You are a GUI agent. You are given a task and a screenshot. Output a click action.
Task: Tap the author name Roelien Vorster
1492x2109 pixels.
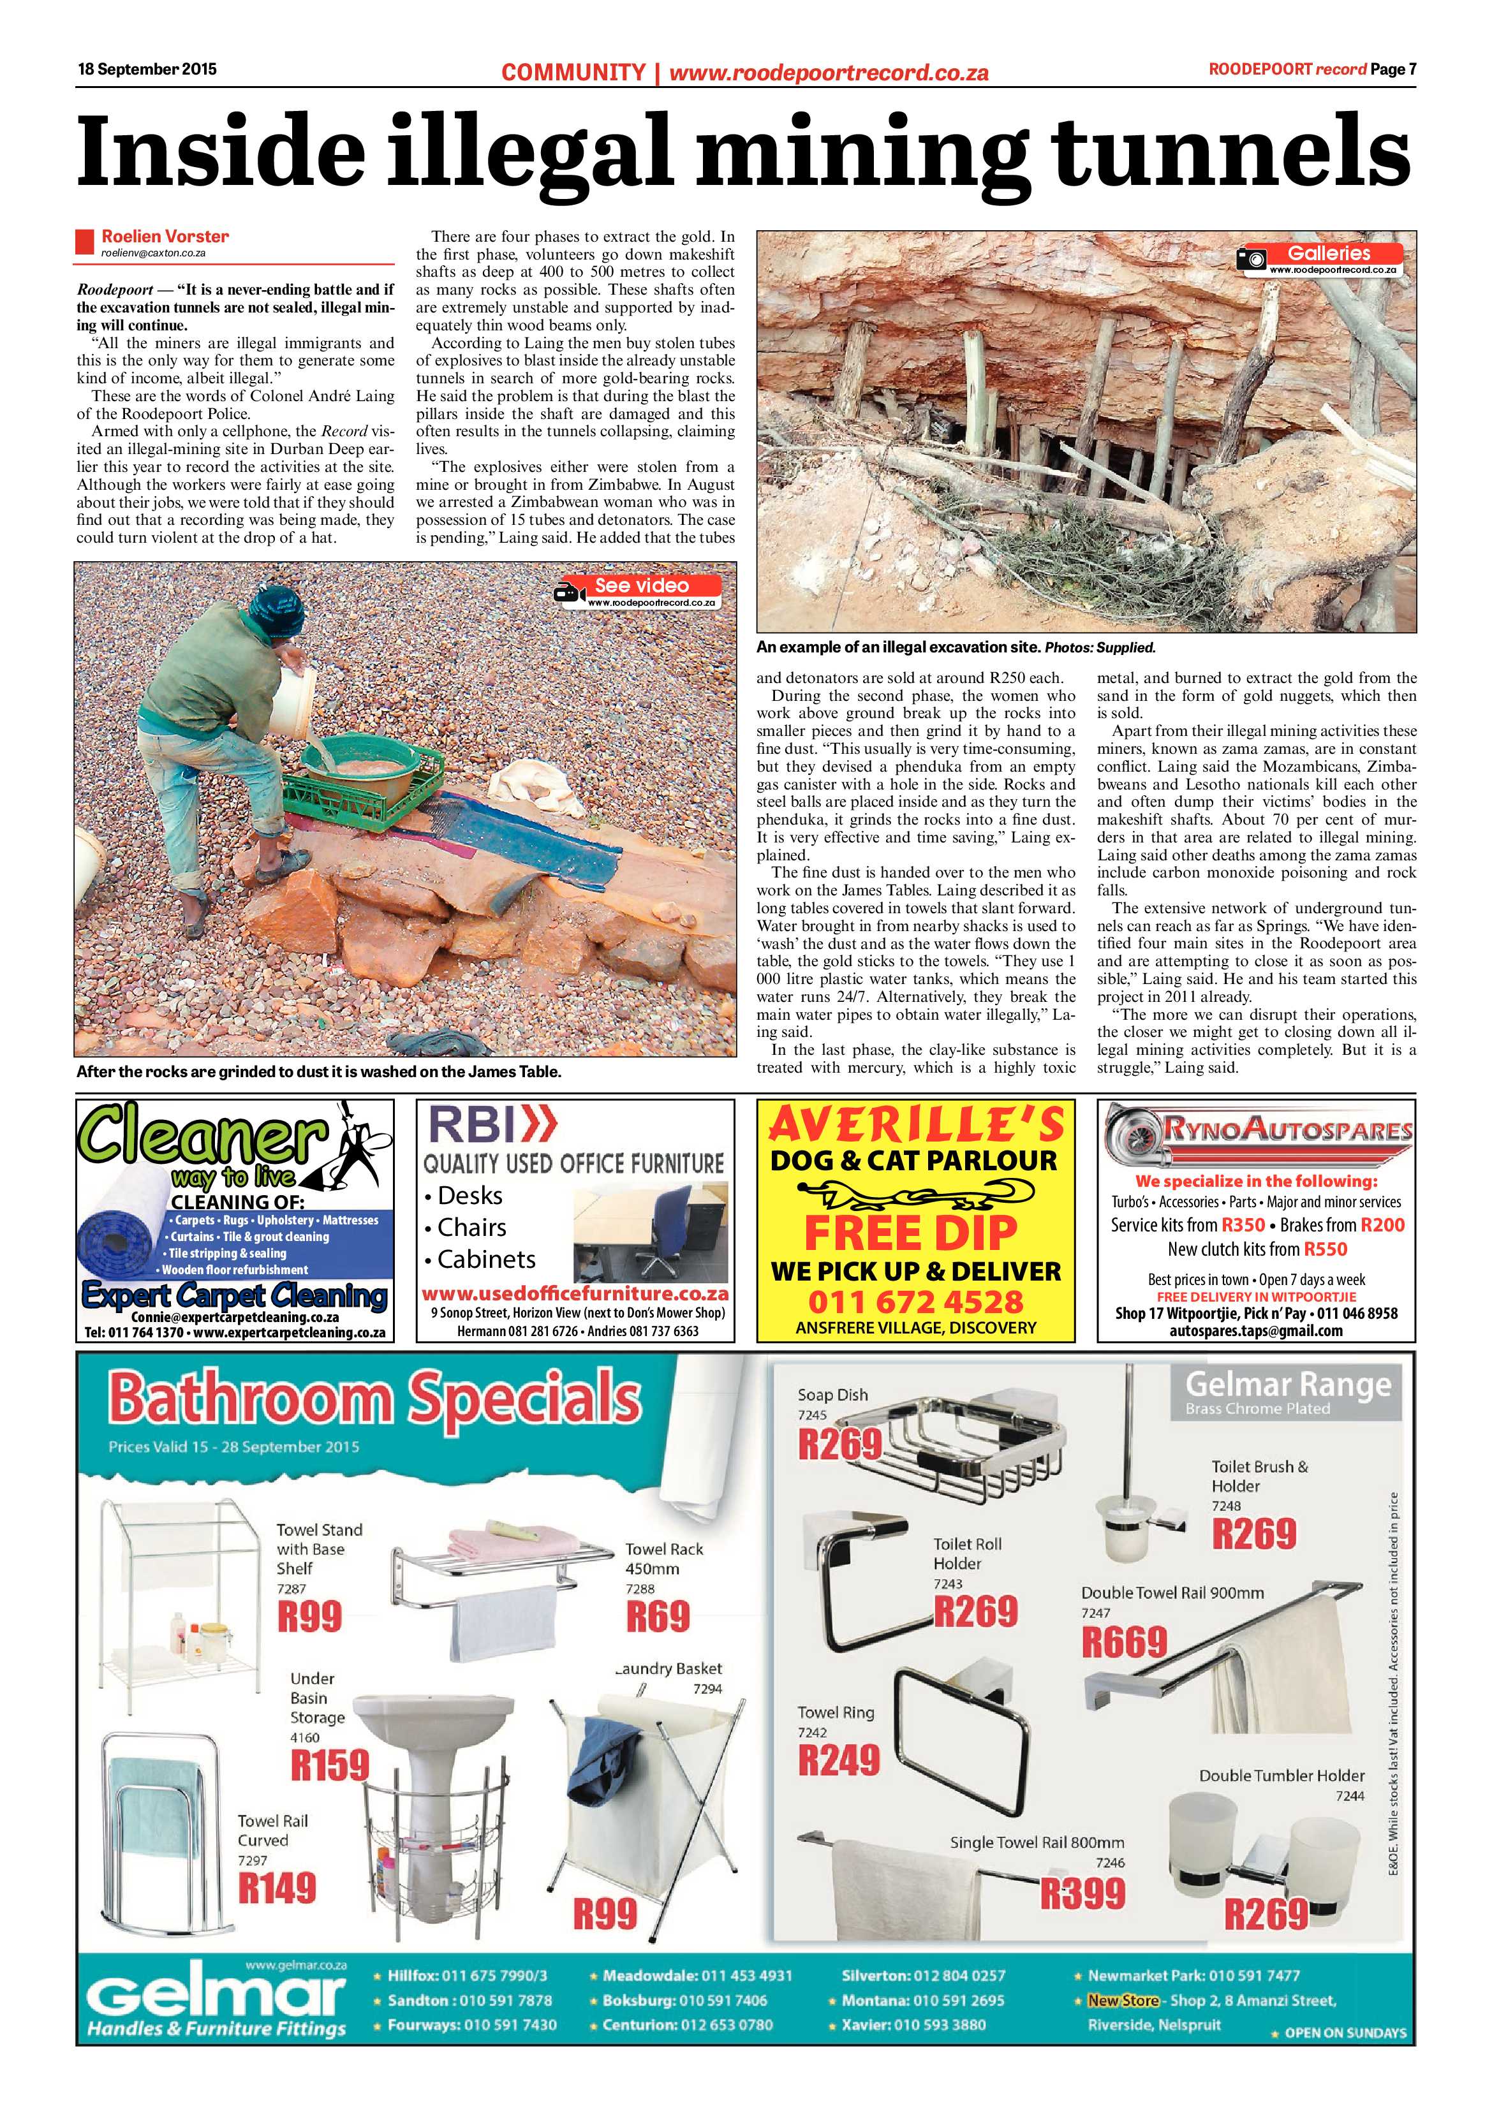click(165, 236)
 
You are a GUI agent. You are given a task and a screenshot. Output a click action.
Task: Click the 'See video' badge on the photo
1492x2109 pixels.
click(640, 585)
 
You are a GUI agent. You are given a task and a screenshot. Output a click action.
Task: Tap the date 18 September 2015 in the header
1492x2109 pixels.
click(147, 69)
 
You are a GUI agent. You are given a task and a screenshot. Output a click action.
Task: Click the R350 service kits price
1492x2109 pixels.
click(1242, 1224)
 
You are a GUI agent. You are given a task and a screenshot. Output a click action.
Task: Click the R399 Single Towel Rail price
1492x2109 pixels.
click(1082, 1892)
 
